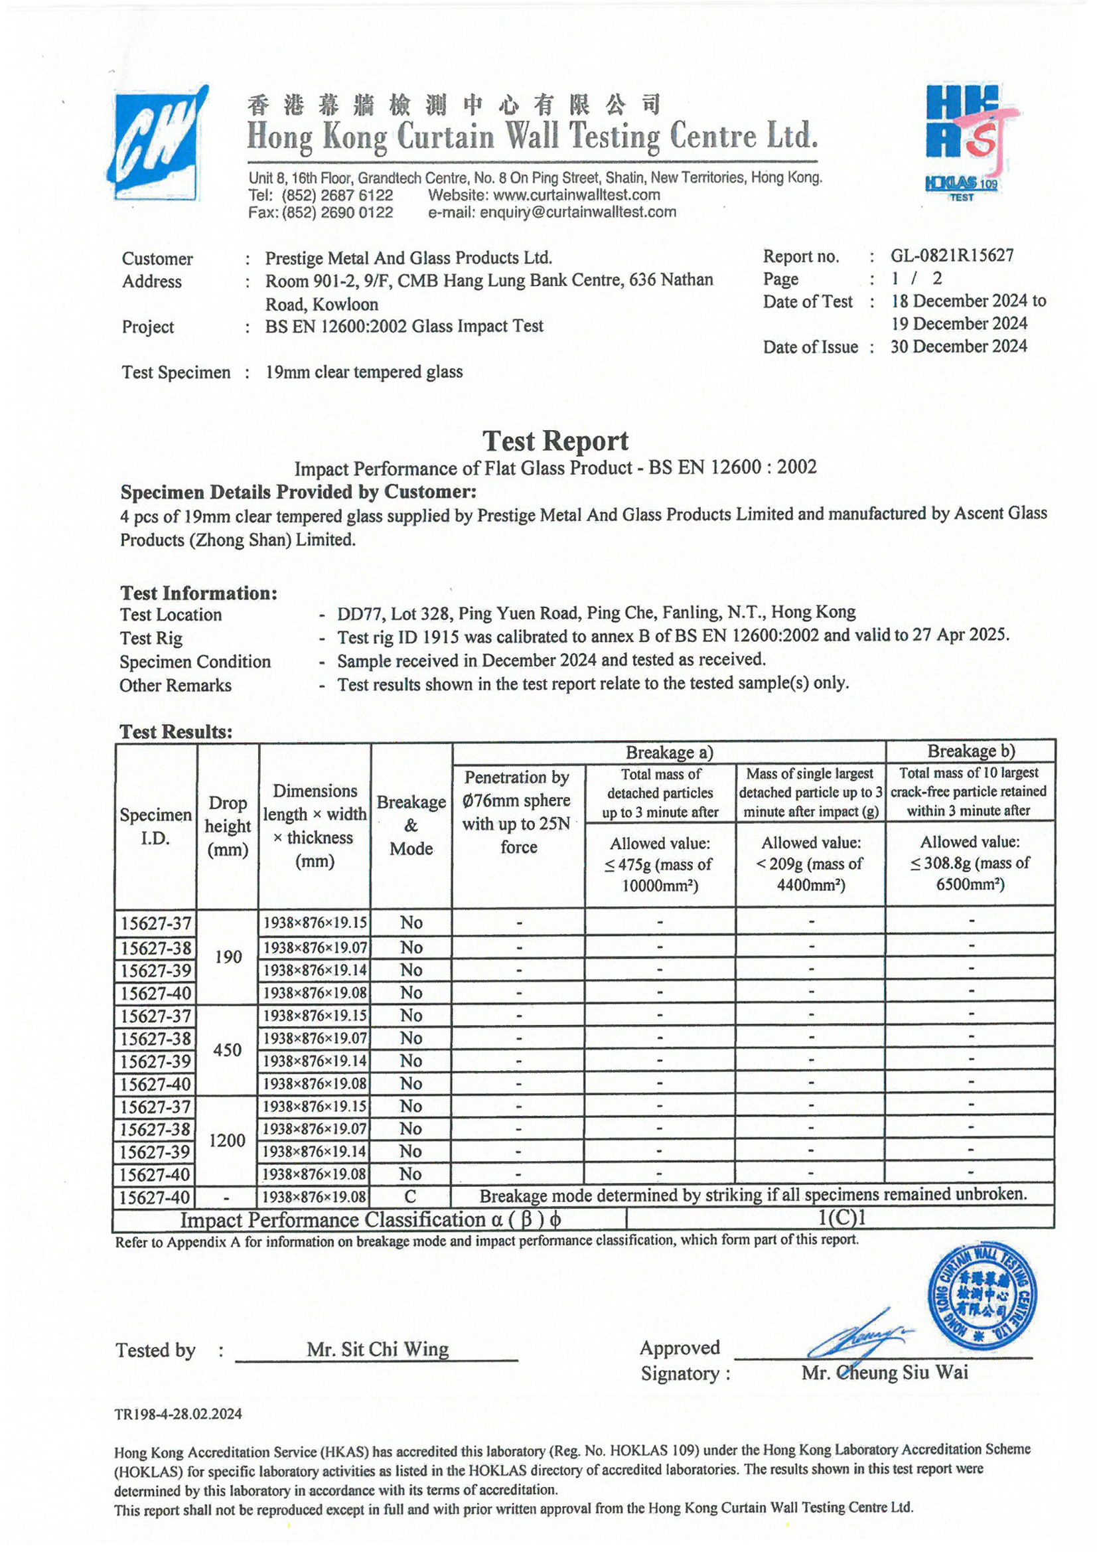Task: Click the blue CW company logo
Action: click(156, 144)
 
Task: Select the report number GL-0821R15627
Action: click(952, 256)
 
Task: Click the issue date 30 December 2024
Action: click(958, 347)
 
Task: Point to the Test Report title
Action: click(555, 441)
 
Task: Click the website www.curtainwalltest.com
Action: click(577, 195)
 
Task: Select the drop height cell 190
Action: click(228, 957)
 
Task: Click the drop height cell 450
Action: click(227, 1049)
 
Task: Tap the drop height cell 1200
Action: click(227, 1140)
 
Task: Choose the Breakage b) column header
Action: click(970, 751)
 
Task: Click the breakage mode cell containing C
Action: click(410, 1196)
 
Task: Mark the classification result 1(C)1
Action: click(841, 1218)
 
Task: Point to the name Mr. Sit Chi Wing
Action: click(377, 1350)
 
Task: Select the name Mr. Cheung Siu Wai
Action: click(884, 1372)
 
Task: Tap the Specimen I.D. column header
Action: click(155, 826)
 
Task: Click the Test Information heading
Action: click(198, 593)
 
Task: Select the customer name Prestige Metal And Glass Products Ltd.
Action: click(408, 258)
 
